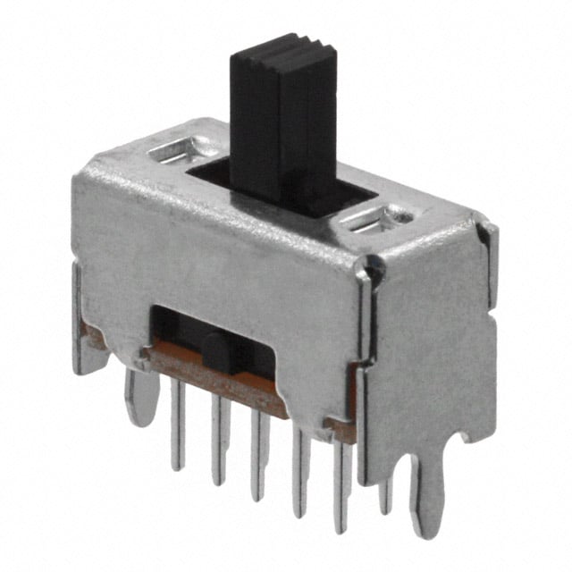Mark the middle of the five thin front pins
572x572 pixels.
point(259,456)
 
